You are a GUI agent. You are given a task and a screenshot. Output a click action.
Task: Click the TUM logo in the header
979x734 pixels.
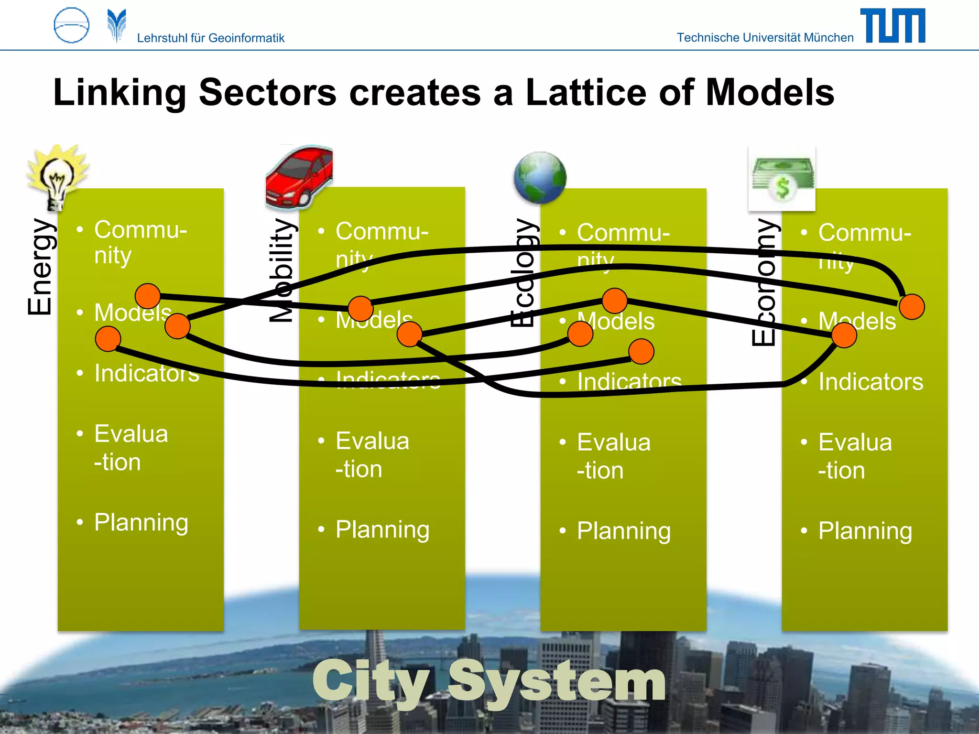pos(892,26)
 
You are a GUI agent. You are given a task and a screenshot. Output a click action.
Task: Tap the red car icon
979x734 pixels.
pos(299,177)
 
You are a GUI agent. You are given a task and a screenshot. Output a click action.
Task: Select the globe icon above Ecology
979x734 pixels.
pos(540,178)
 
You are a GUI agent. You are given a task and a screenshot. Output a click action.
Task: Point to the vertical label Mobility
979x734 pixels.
pos(282,270)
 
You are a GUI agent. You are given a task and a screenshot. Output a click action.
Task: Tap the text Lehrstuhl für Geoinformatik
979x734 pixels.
pos(210,38)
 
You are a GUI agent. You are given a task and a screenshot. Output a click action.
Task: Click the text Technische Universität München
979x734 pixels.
pos(765,38)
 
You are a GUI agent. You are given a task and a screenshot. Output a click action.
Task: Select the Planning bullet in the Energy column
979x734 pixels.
pos(141,522)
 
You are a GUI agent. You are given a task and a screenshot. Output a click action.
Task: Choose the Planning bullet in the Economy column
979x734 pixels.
pos(865,531)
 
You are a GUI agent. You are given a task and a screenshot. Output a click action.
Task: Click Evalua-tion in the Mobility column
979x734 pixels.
pos(372,454)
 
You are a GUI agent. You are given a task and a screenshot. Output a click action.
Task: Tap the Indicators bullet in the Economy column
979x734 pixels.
pos(870,382)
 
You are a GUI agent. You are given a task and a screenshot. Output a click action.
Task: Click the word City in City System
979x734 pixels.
pos(371,681)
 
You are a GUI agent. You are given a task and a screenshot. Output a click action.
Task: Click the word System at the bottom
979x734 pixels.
pos(557,681)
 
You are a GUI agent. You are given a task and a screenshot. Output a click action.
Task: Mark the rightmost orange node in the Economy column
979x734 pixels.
pos(912,307)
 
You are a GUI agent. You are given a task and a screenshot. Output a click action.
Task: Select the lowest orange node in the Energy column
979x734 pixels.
pos(108,339)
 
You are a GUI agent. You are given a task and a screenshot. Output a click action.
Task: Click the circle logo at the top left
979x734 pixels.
pos(72,25)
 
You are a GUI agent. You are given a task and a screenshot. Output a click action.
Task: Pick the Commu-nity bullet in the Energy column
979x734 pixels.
pos(140,242)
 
